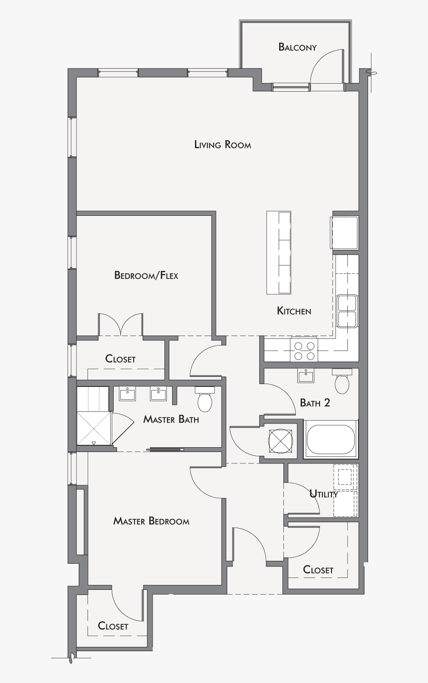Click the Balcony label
pyautogui.click(x=297, y=47)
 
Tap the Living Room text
pyautogui.click(x=223, y=144)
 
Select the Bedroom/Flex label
pyautogui.click(x=146, y=275)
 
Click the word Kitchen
pyautogui.click(x=294, y=311)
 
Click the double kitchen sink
pyautogui.click(x=347, y=311)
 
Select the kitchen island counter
pyautogui.click(x=279, y=252)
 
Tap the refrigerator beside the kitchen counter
pyautogui.click(x=344, y=232)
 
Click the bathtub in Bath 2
pyautogui.click(x=331, y=440)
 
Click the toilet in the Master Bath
pyautogui.click(x=205, y=400)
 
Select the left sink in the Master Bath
pyautogui.click(x=127, y=394)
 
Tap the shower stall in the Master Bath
pyautogui.click(x=94, y=428)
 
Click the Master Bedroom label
pyautogui.click(x=151, y=521)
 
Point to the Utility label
pyautogui.click(x=323, y=494)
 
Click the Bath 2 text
pyautogui.click(x=315, y=403)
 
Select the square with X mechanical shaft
pyautogui.click(x=280, y=441)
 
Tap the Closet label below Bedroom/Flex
pyautogui.click(x=120, y=359)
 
